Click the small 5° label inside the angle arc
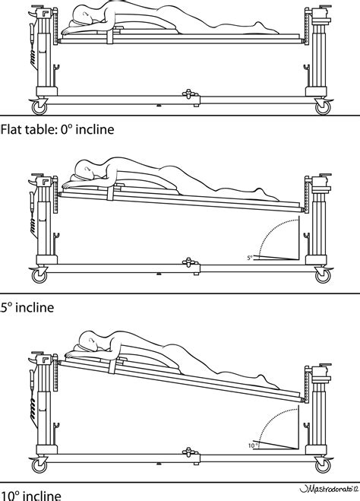[x=250, y=257]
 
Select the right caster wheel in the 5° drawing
[x=318, y=273]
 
